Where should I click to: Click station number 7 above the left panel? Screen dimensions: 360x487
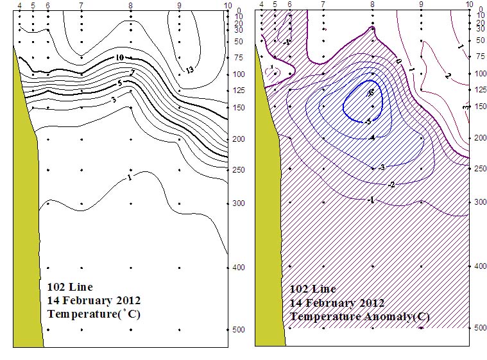pos(81,6)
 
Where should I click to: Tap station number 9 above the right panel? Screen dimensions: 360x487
pos(421,5)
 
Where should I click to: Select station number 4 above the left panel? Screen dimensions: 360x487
pos(20,6)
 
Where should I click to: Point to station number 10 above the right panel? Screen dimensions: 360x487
pos(469,5)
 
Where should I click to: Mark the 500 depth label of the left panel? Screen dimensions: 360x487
pos(239,329)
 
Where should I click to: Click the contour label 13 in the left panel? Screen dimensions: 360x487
pos(189,69)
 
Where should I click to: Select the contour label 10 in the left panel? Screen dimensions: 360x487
pos(120,58)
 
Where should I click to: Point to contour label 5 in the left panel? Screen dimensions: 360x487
pos(120,83)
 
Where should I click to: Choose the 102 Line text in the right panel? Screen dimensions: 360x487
pos(312,289)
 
